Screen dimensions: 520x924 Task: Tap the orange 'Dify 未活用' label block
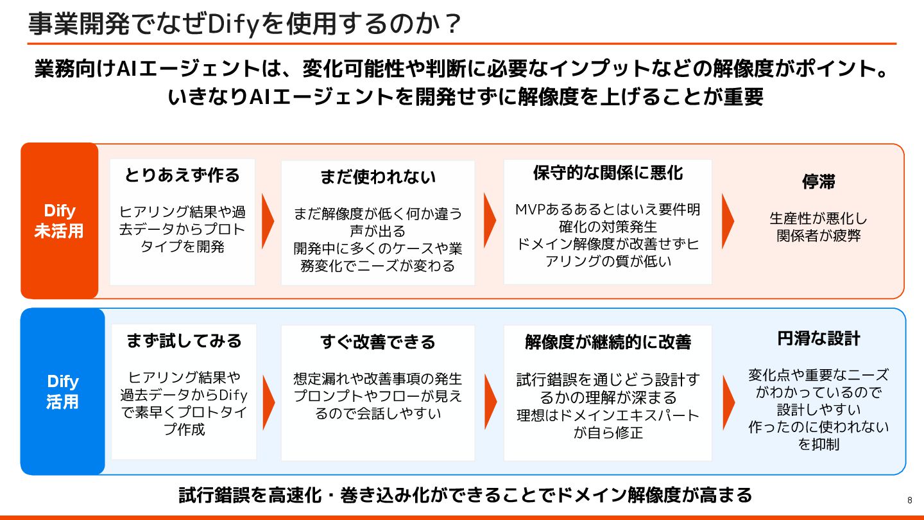[x=59, y=221]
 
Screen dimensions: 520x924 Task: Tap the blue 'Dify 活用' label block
[x=62, y=392]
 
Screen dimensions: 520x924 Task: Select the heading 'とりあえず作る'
[x=182, y=175]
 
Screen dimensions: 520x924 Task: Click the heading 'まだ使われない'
[x=377, y=177]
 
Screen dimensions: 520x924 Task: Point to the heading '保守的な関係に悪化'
[x=607, y=173]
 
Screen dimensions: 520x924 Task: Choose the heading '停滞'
[x=818, y=182]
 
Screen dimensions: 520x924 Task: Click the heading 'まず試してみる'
[x=184, y=340]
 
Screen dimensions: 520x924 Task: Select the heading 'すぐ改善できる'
[x=377, y=342]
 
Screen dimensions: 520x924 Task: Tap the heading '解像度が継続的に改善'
[x=607, y=342]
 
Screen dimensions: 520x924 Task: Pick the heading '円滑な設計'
[x=818, y=338]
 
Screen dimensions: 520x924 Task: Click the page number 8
[x=910, y=500]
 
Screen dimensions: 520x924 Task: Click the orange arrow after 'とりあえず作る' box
[x=268, y=220]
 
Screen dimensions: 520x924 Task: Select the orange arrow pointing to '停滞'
[x=728, y=220]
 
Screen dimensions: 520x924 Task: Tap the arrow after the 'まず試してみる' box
[x=268, y=402]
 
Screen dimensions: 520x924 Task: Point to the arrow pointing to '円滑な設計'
[x=728, y=402]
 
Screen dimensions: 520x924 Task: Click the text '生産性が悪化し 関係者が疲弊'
[x=818, y=227]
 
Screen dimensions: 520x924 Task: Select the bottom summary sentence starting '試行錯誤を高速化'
[x=465, y=495]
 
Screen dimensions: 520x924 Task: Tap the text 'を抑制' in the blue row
[x=818, y=444]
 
